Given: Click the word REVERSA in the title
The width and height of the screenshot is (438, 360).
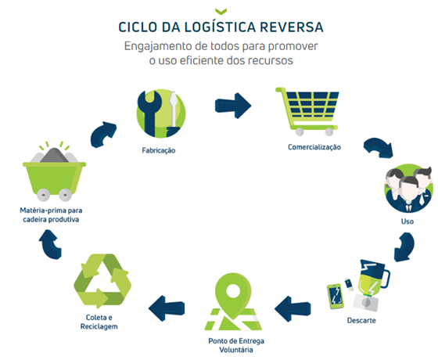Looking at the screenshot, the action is click(292, 27).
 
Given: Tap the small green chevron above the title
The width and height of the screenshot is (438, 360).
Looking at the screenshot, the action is click(221, 11).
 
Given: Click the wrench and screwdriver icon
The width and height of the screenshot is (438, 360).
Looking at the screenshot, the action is click(161, 113).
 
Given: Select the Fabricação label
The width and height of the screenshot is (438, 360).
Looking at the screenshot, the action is click(159, 150).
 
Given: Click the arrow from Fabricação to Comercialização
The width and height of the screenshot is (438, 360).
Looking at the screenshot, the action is click(233, 106).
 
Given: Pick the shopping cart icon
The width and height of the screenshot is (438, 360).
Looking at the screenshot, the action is click(307, 111).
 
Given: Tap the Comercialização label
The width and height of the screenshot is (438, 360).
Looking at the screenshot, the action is click(314, 147).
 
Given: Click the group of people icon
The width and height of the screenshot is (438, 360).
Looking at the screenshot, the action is click(408, 189).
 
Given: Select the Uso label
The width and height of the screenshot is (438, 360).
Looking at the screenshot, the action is click(407, 221).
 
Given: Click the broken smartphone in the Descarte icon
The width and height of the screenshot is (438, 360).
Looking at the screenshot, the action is click(336, 297).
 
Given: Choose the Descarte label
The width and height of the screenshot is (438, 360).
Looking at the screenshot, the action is click(361, 321).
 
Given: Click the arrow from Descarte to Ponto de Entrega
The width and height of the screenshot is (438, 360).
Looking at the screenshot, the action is click(293, 309).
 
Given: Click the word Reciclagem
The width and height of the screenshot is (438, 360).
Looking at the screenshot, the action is click(99, 326).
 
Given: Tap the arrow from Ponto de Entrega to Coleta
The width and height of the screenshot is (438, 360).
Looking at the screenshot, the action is click(167, 308).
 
